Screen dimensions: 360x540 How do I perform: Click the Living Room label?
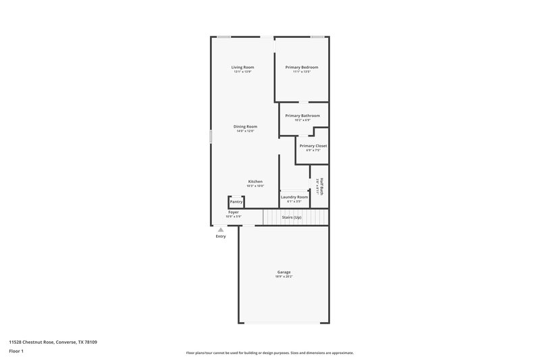tap(242, 67)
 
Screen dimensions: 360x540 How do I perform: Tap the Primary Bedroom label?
tap(301, 67)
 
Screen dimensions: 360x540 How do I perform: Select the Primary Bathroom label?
tap(302, 115)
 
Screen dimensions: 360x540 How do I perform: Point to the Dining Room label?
tap(245, 126)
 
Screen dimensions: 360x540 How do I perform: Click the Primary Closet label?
tap(313, 146)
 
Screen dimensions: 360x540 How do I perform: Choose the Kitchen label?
tap(255, 181)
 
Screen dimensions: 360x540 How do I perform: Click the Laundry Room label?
tap(294, 197)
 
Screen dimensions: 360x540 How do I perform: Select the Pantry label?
tap(236, 201)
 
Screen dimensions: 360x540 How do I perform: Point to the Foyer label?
tap(234, 212)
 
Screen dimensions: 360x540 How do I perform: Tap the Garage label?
tap(283, 272)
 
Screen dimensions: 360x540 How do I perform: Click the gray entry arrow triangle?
tap(221, 230)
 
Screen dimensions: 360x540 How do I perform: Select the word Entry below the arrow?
tap(221, 236)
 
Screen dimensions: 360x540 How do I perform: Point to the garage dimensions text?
tap(283, 277)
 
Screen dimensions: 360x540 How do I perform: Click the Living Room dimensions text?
tap(242, 72)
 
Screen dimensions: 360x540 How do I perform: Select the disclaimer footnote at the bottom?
tap(269, 353)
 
